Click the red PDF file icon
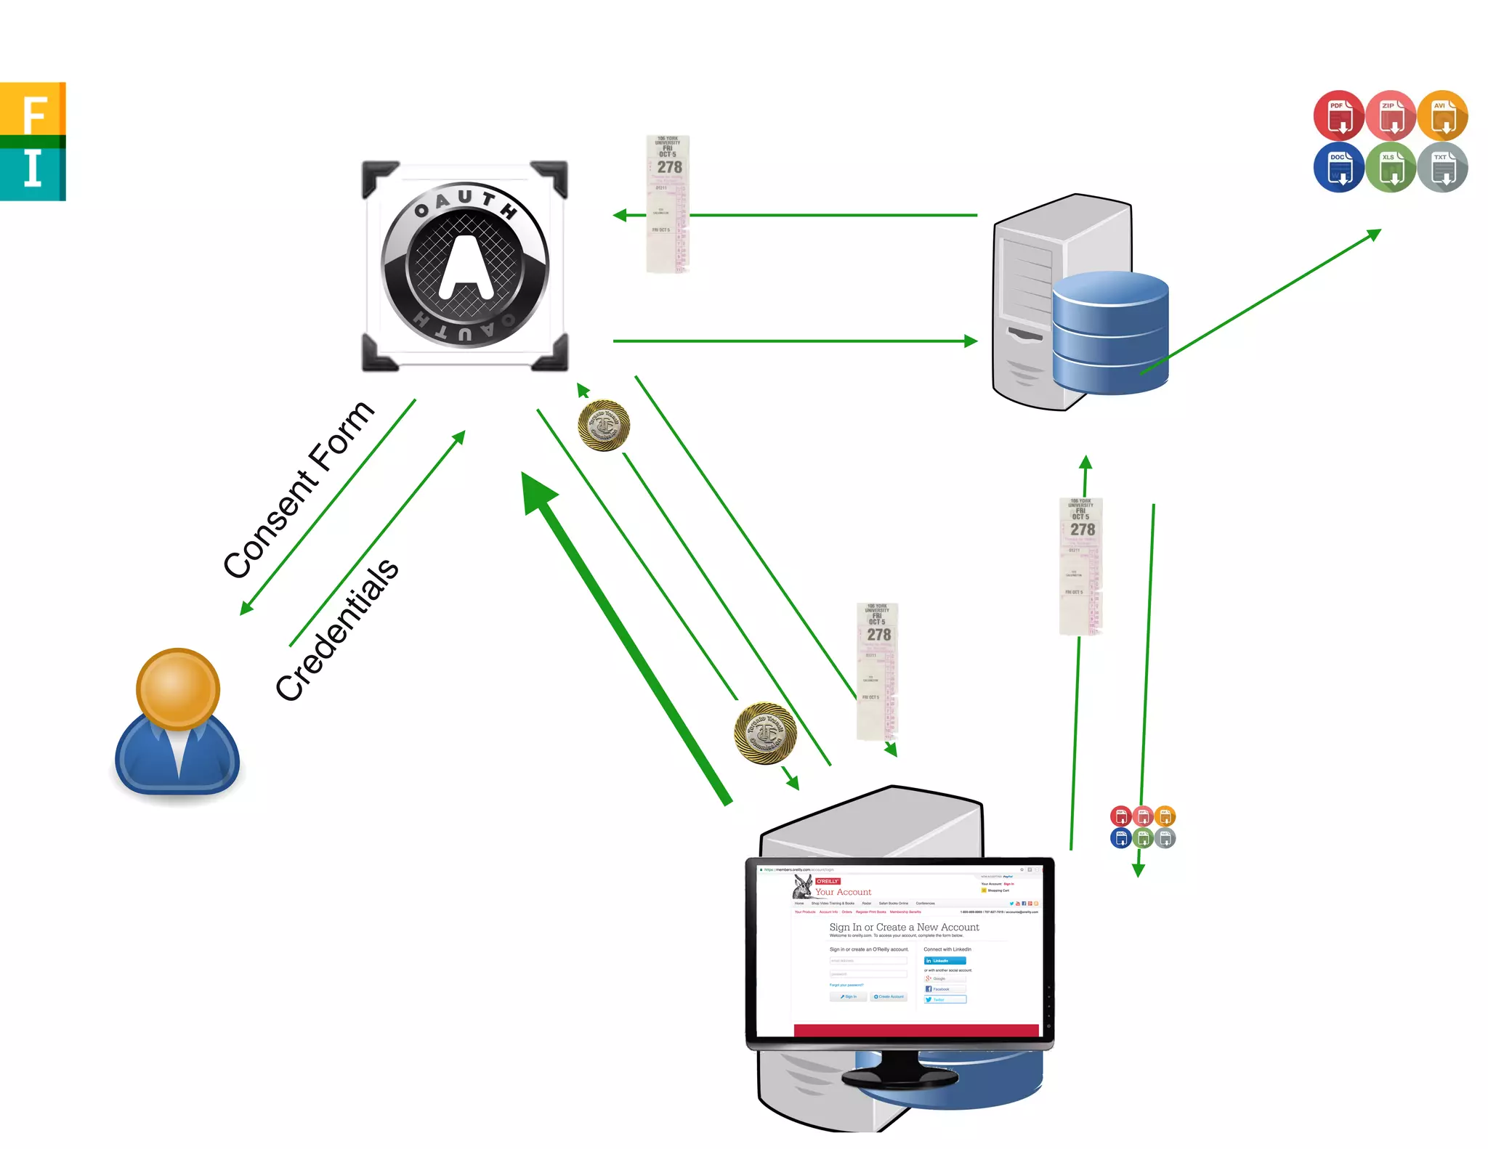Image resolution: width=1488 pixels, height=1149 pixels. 1338,115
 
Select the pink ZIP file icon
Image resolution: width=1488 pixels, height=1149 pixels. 1391,115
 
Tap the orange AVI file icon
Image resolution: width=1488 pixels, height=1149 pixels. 1443,115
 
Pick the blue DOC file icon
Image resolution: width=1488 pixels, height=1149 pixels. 1338,167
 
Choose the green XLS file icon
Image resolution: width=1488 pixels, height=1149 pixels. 1391,167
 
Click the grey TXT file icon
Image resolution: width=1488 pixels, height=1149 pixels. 1443,167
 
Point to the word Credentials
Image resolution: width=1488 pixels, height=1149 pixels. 337,630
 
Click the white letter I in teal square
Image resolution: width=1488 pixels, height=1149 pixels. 33,169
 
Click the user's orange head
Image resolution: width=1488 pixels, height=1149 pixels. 178,689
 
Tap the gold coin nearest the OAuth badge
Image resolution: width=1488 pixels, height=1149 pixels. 604,426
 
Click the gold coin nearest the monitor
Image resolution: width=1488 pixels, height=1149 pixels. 765,733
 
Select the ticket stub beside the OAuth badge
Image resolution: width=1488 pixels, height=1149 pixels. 668,204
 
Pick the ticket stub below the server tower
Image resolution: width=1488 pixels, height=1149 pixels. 1081,566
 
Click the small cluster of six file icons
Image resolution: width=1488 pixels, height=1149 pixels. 1143,827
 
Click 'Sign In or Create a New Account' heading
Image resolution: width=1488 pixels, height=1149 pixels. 904,927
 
